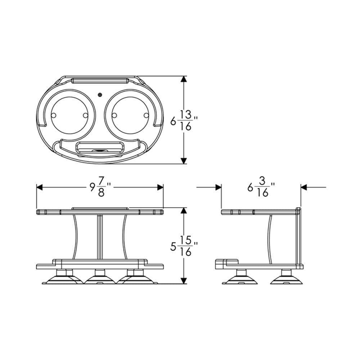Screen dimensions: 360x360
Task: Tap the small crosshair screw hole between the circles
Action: pos(100,95)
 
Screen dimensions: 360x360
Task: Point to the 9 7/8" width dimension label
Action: pos(100,187)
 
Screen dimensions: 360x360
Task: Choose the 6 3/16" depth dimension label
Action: pos(261,187)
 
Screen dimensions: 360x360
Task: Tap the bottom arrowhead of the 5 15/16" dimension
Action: pos(184,280)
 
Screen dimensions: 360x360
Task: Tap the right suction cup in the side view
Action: pos(287,278)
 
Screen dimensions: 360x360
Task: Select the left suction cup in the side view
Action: pos(239,278)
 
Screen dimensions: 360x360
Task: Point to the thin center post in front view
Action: pos(100,236)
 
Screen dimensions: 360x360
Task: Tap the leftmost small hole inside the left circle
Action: pos(54,115)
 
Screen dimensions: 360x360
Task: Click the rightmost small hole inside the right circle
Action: pos(146,115)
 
